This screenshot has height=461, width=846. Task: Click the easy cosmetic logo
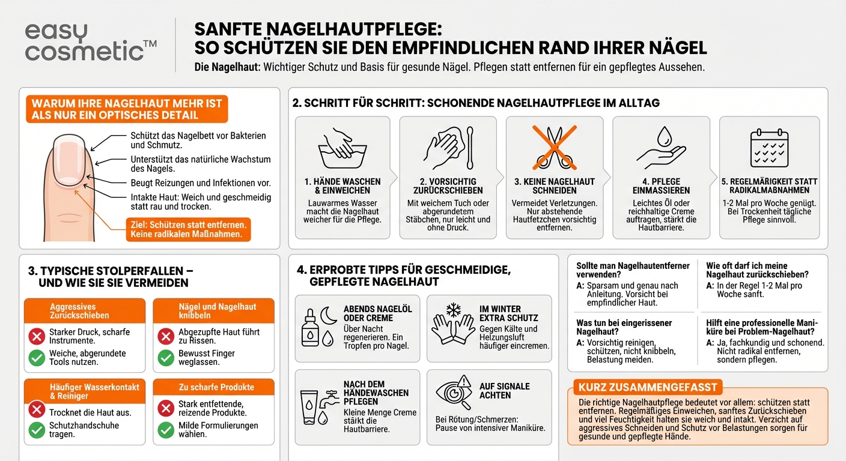[x=91, y=42]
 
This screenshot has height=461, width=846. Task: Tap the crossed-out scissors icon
[x=554, y=148]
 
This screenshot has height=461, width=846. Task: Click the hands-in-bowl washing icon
[x=342, y=149]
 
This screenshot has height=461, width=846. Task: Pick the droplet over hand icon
[x=661, y=148]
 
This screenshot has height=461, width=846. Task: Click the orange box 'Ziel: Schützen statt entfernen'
[x=187, y=229]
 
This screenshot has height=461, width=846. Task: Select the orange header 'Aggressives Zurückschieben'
[x=84, y=311]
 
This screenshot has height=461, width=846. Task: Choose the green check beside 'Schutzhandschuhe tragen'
[x=37, y=430]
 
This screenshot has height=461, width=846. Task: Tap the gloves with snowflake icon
[x=452, y=324]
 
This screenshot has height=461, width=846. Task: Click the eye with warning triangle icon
[x=454, y=394]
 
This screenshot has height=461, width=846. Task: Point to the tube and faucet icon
[x=318, y=404]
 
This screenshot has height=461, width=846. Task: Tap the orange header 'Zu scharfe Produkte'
[x=213, y=387]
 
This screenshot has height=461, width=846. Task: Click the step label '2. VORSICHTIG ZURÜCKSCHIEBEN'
[x=449, y=186]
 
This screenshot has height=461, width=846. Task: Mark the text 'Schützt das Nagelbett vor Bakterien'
[x=198, y=136]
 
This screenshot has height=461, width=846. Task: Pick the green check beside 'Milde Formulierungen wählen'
[x=166, y=430]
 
